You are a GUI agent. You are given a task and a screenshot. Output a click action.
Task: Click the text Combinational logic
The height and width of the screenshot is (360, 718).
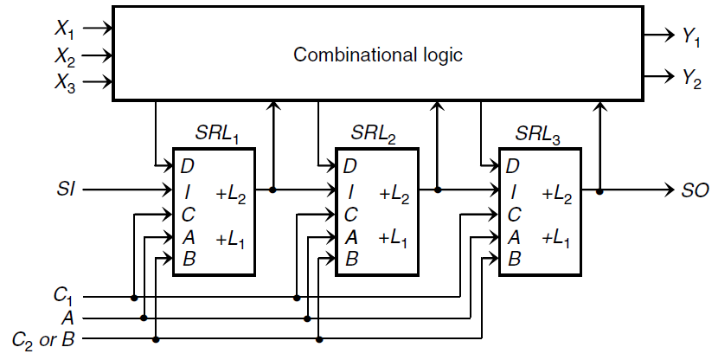tap(378, 55)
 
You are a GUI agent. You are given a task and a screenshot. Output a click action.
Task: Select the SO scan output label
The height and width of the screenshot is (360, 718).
tap(690, 189)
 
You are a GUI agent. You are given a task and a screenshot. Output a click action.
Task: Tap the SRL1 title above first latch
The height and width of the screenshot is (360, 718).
tap(217, 135)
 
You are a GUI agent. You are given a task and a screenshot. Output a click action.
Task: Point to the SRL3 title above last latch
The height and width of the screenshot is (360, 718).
tap(537, 135)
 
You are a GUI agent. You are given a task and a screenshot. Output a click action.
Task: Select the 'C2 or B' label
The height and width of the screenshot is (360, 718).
tap(42, 338)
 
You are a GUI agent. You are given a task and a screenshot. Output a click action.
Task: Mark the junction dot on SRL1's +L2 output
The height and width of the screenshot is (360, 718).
tap(274, 189)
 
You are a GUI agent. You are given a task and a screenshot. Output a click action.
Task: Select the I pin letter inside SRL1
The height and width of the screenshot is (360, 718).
tap(184, 192)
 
